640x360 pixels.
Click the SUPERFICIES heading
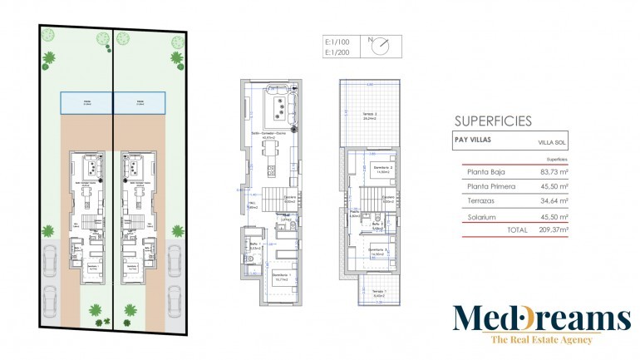tap(493, 121)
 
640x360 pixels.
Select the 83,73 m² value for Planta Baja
tap(553, 172)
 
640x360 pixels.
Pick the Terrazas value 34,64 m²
tap(553, 200)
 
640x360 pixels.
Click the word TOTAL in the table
tap(517, 229)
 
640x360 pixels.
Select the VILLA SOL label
tap(551, 144)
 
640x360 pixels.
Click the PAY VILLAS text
tap(471, 140)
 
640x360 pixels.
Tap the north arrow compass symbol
tap(381, 47)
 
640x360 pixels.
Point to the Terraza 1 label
tap(380, 291)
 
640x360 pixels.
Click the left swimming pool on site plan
tap(86, 104)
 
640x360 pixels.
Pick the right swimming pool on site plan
tap(139, 104)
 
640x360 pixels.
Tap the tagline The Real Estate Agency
tap(541, 339)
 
